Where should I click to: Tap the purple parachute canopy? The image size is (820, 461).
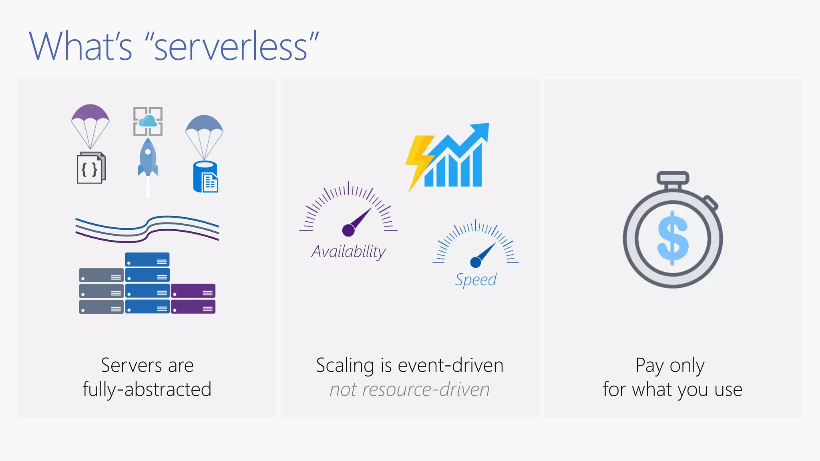(x=90, y=114)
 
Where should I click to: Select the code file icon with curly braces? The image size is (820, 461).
(x=91, y=168)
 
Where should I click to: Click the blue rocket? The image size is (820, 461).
(x=148, y=158)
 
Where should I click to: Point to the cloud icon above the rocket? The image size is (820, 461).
(x=148, y=120)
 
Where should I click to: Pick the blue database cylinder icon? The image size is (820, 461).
(x=205, y=177)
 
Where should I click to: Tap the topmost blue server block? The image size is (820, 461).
(x=147, y=260)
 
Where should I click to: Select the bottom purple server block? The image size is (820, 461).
(x=193, y=307)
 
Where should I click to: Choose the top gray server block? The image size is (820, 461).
(x=101, y=275)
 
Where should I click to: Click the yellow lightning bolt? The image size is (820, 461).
(x=418, y=160)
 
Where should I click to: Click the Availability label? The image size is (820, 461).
(x=348, y=252)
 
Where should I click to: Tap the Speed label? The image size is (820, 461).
(x=476, y=280)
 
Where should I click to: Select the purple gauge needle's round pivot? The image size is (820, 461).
(x=348, y=230)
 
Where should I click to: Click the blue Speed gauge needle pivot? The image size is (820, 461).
(x=475, y=262)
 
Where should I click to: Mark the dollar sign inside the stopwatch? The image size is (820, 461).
(x=673, y=238)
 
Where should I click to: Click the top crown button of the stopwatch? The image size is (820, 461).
(x=673, y=177)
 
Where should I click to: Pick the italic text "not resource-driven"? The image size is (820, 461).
(x=410, y=390)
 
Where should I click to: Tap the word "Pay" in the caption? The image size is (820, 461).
(x=649, y=366)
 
